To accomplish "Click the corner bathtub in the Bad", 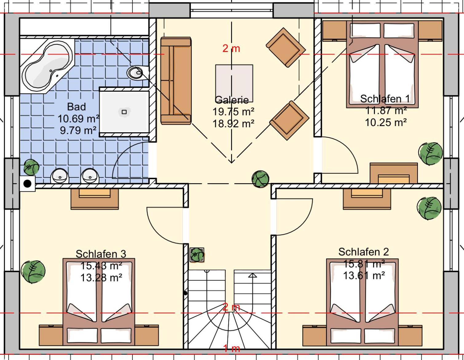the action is tap(47, 66).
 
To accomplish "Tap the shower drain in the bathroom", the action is tap(124, 112).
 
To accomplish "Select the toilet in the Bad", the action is tap(138, 73).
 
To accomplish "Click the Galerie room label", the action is tap(232, 100).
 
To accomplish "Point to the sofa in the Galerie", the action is tap(176, 81).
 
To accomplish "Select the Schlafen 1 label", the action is tap(385, 99).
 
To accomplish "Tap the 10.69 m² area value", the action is tap(78, 119).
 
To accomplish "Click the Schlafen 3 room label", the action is tap(101, 254).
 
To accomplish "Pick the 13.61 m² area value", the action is tap(364, 276).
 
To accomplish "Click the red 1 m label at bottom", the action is tap(232, 349).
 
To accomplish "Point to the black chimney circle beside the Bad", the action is tap(27, 184).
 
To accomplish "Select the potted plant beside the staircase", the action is tap(197, 255).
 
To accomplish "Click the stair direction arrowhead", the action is tap(252, 275).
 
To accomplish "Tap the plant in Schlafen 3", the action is tap(33, 272).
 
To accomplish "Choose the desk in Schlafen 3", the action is tap(95, 199).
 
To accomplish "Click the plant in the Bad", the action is tap(31, 167).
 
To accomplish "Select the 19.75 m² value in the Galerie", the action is tap(234, 112).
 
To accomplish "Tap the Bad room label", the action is tap(77, 107).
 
